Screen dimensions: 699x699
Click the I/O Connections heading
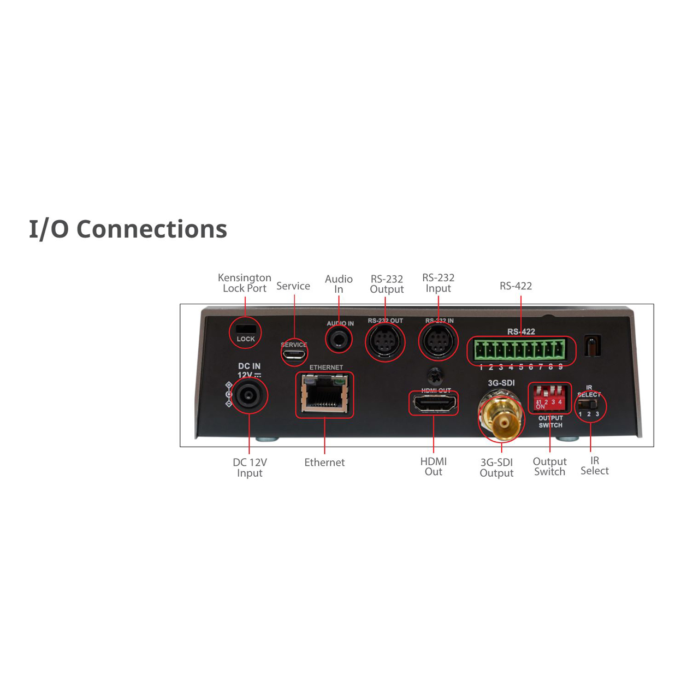128,229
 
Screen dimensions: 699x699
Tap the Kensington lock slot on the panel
246,329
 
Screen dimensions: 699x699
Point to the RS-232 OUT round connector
385,342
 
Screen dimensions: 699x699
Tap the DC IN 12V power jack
249,395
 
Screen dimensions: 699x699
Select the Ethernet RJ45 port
324,394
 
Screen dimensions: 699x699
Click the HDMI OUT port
434,403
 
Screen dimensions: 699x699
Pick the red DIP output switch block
549,398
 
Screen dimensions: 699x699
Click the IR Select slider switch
588,405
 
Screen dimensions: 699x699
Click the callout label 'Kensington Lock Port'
245,283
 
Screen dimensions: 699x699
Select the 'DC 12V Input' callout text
250,467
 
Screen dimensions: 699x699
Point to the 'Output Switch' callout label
549,466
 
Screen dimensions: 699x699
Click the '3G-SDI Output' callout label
496,467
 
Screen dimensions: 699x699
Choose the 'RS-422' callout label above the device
516,286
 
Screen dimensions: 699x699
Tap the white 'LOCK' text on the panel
246,339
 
